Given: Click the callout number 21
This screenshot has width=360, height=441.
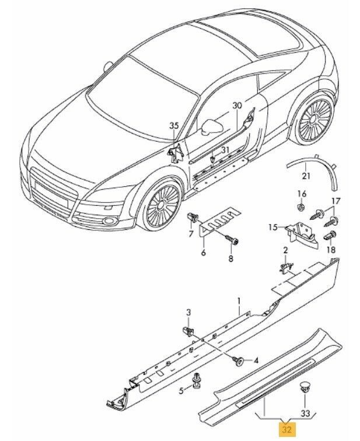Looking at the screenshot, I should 306,176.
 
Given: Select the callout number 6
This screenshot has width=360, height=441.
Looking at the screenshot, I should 204,253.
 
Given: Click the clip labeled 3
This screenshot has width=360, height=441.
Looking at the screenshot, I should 191,331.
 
